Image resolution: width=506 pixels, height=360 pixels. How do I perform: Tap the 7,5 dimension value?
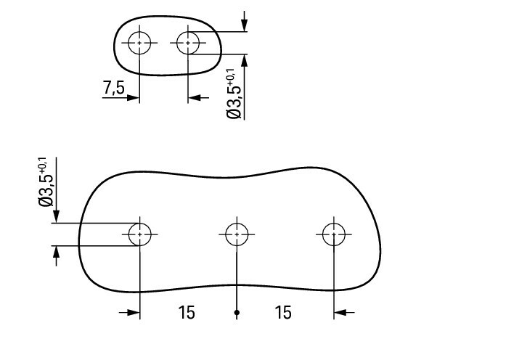[113, 87]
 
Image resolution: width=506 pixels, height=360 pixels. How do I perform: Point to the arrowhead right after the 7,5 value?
[133, 97]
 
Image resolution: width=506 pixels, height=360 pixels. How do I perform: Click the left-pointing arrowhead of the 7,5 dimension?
[195, 97]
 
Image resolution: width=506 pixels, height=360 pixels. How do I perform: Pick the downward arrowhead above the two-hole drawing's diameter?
[244, 25]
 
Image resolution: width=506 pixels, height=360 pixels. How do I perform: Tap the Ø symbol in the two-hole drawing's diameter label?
[234, 114]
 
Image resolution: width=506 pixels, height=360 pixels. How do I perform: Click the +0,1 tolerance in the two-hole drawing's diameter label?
[230, 76]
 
